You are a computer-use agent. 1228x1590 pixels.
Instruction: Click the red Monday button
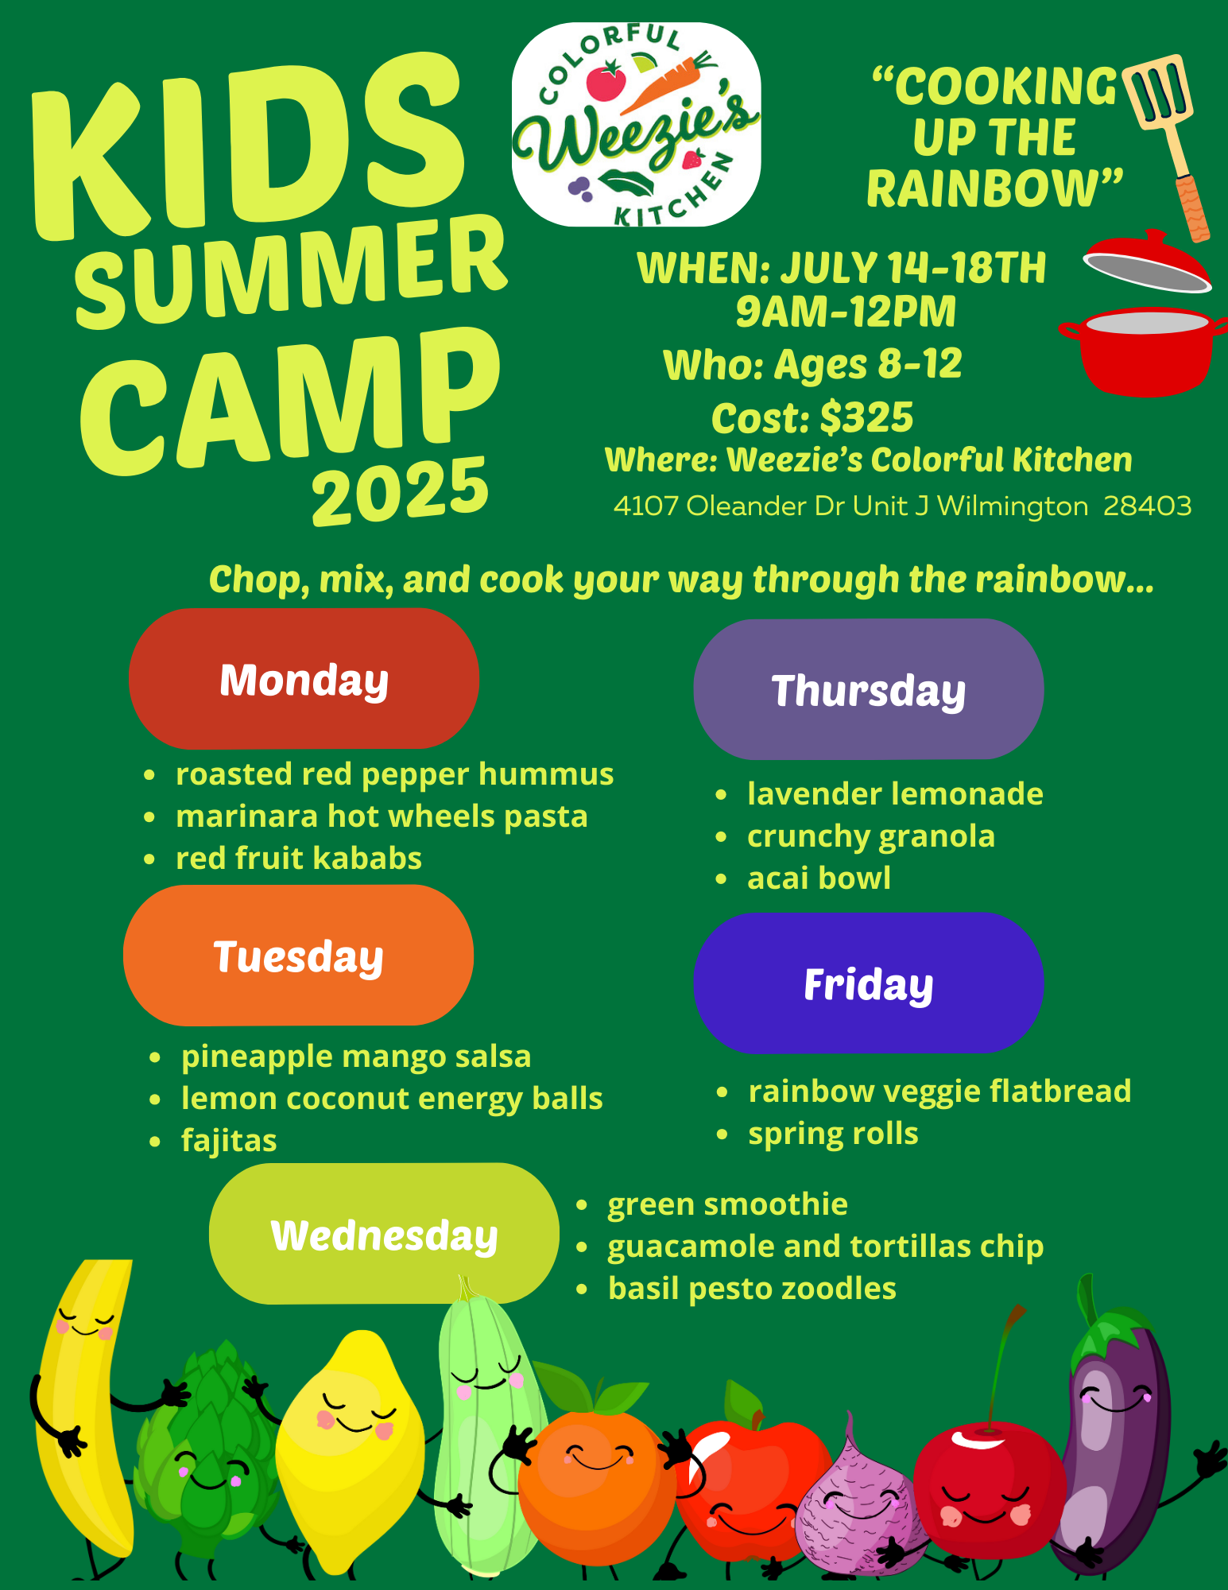[x=304, y=679]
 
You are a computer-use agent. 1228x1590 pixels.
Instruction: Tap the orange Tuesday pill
[x=298, y=956]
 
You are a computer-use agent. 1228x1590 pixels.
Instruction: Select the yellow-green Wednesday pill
[x=384, y=1234]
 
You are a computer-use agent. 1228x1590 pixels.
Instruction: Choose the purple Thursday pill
[x=869, y=689]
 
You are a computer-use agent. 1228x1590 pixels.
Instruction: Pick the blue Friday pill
[x=869, y=983]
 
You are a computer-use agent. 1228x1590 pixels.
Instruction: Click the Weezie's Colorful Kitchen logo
[x=636, y=125]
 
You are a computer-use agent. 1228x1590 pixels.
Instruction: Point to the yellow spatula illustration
[x=1166, y=147]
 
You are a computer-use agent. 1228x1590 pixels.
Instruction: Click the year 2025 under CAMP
[x=400, y=491]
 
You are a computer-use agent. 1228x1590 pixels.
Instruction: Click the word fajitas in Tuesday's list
[x=229, y=1141]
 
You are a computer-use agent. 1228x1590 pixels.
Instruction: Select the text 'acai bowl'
[x=819, y=878]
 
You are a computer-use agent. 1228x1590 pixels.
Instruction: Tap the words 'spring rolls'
[x=833, y=1134]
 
